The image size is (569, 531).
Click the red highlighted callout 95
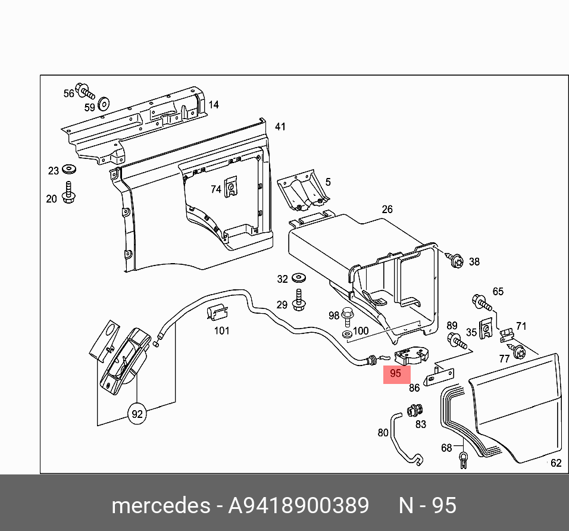396,374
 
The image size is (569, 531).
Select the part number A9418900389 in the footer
299,505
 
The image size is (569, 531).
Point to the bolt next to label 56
87,93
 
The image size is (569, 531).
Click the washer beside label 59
103,102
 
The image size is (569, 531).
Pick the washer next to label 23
67,170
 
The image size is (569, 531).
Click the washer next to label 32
299,278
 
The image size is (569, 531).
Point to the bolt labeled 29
299,300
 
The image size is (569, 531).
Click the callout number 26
387,210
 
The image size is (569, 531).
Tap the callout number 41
280,127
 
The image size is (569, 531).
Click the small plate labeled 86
439,375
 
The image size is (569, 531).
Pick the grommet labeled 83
412,410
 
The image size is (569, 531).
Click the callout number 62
556,463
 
